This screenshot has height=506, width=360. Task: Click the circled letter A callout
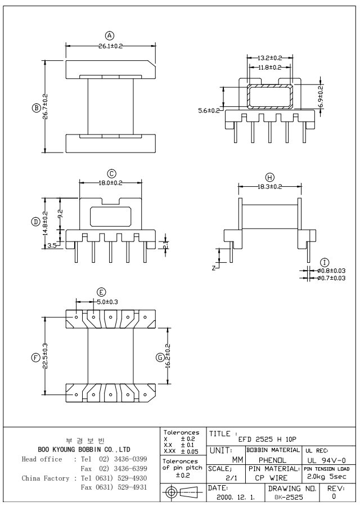110,35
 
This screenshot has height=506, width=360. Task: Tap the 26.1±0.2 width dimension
110,46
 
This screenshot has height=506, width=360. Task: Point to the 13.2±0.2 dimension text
269,58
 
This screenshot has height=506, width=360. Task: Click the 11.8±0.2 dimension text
269,68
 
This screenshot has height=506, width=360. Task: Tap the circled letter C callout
112,173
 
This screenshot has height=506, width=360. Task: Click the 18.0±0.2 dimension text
111,183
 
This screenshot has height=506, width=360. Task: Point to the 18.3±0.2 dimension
268,186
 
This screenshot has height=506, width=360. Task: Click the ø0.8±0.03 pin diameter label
331,271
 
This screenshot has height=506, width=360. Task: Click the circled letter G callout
160,357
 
